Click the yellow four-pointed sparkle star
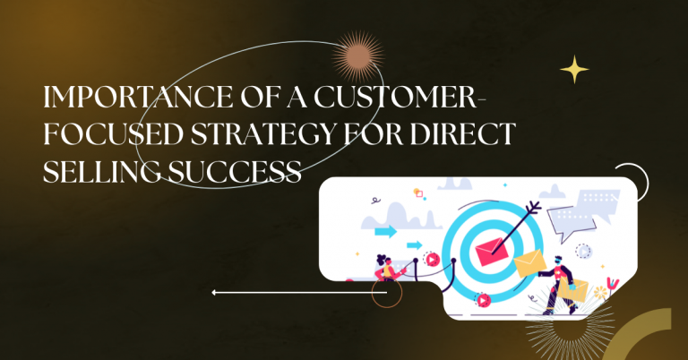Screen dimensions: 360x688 [x=574, y=70]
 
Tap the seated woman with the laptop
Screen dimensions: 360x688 [x=388, y=267]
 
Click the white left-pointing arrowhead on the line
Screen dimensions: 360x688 [x=215, y=292]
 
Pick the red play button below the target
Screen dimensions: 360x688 [x=484, y=301]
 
